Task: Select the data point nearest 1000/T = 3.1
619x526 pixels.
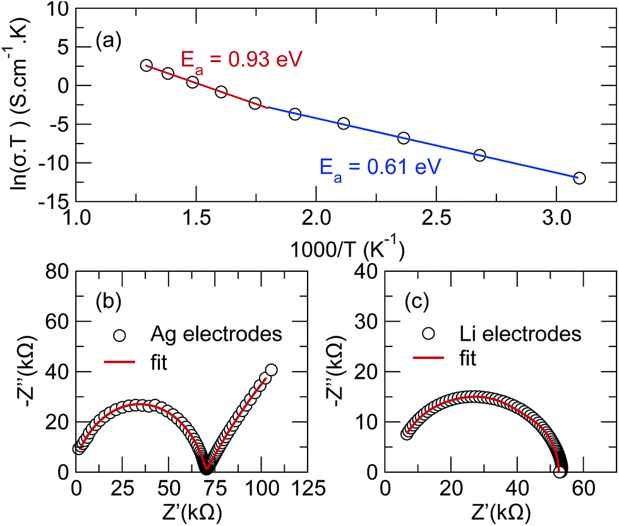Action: (x=579, y=178)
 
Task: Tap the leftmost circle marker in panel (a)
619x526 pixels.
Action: (x=147, y=65)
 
